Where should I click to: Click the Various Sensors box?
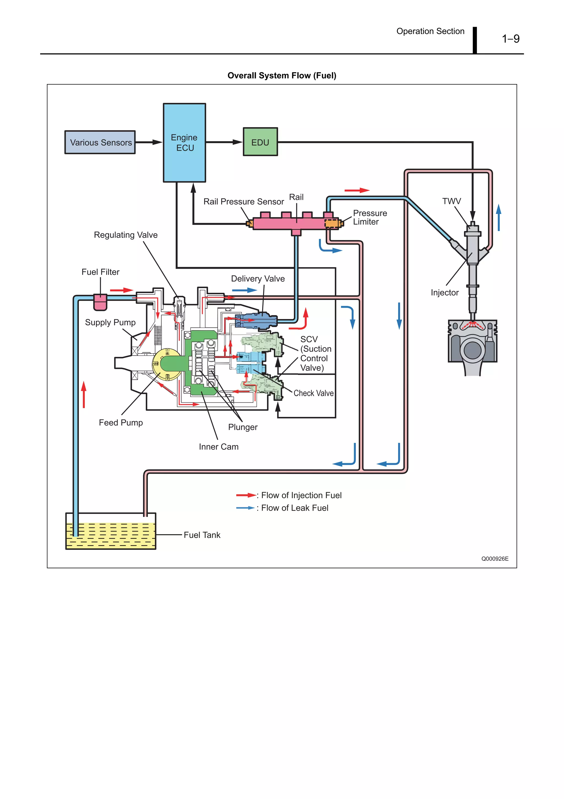coord(100,142)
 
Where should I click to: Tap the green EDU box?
coord(260,142)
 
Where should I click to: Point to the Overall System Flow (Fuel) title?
coord(281,76)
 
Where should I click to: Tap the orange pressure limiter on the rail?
coord(332,223)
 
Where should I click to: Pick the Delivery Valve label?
coord(257,278)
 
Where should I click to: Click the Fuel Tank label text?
coord(202,535)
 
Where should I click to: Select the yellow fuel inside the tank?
coord(110,536)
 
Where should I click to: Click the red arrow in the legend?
coord(246,495)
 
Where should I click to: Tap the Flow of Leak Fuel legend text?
coord(294,508)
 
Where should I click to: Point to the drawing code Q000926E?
coord(495,559)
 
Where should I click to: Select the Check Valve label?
coord(313,393)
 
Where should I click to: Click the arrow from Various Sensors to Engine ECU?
coord(149,142)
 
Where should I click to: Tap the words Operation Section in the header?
coord(430,31)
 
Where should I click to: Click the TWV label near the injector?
coord(451,201)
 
